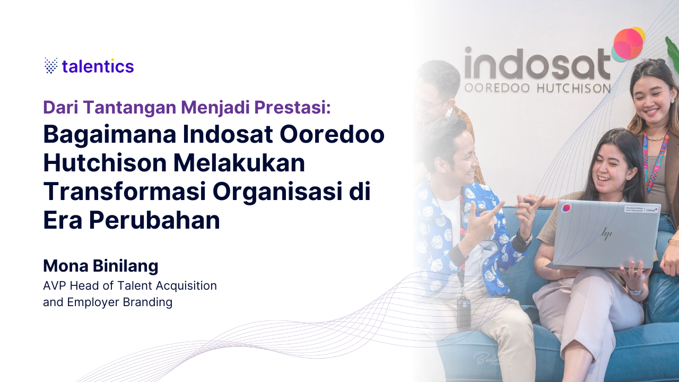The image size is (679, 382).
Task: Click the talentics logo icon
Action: (x=51, y=65)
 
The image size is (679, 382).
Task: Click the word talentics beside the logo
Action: (x=98, y=66)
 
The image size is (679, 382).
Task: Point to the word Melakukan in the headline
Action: (x=239, y=163)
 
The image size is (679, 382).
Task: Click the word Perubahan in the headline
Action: (x=154, y=221)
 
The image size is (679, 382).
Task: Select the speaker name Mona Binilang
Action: (x=101, y=266)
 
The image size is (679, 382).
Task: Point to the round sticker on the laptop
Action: (x=566, y=209)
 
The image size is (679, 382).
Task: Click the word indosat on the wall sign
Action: (x=537, y=64)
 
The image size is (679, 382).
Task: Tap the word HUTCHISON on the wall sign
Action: (x=573, y=88)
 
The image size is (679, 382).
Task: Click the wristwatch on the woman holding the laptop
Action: (x=636, y=291)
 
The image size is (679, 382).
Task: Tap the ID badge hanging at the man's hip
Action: (x=464, y=311)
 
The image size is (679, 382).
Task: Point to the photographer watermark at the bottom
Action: (x=493, y=359)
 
